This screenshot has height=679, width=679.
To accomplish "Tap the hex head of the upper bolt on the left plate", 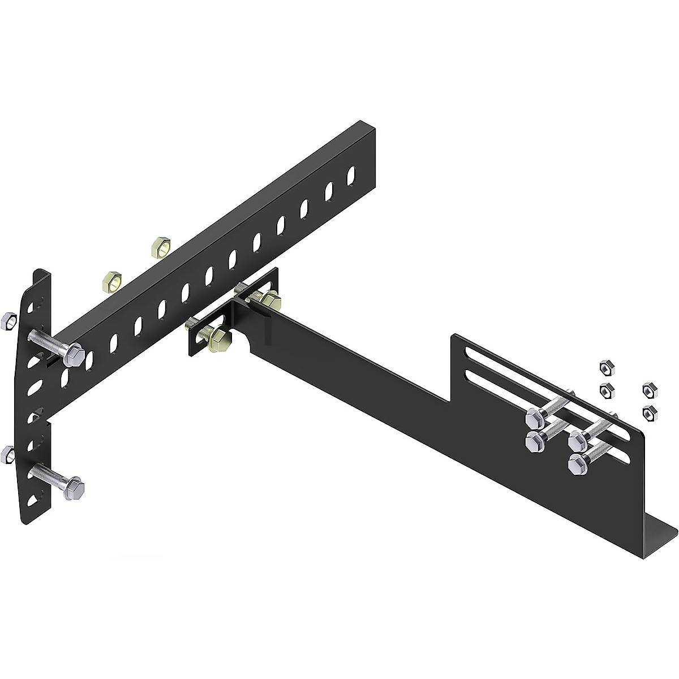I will [74, 355].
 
